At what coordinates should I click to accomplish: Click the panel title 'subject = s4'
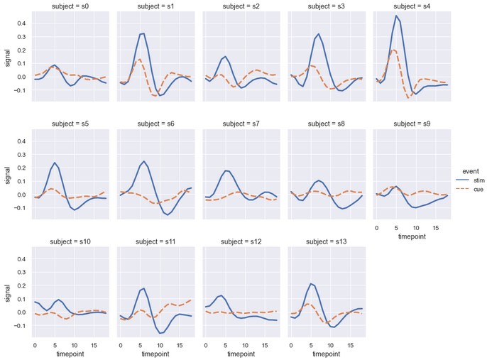coord(411,6)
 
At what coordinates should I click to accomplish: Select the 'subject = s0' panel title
coord(70,6)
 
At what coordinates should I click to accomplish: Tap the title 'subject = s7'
coord(240,123)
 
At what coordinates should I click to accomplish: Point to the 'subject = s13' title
coord(325,241)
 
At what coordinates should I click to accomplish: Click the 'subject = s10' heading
coord(70,241)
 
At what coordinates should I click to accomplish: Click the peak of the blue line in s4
coord(396,16)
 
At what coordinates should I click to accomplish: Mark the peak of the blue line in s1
coord(144,33)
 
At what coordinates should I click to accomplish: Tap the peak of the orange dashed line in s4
coord(394,50)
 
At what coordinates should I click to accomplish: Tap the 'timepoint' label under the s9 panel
coord(411,236)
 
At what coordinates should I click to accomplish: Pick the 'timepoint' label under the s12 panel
coord(240,354)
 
